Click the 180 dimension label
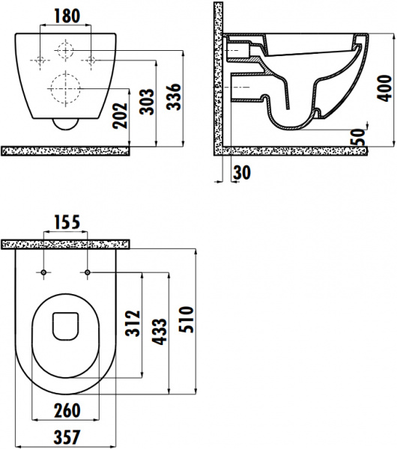click(67, 16)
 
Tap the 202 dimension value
click(120, 116)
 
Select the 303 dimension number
click(147, 102)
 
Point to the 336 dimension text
click(174, 97)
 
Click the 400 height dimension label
click(384, 88)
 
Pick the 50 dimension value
click(358, 137)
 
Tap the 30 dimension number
click(242, 173)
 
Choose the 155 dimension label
click(67, 222)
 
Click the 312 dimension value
click(133, 323)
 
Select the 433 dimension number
click(159, 332)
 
